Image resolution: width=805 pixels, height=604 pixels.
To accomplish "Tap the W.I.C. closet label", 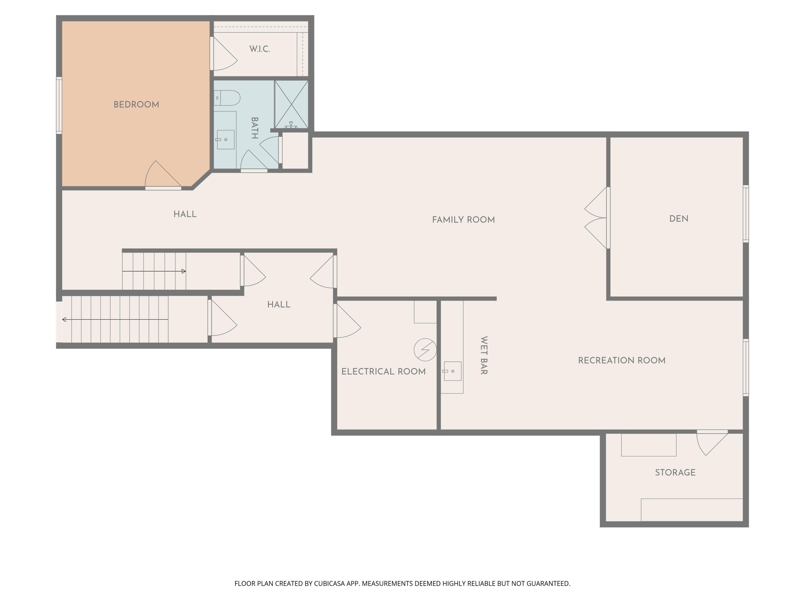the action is (x=259, y=49).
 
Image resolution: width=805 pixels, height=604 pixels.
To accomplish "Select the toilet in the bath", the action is (x=227, y=98).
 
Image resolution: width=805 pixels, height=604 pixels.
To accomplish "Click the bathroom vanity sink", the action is (x=226, y=139).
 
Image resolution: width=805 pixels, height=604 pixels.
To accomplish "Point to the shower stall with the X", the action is (x=291, y=104).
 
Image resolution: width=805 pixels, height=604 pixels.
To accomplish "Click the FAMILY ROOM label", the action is (x=463, y=220).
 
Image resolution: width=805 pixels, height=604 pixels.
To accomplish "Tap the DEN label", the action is (x=679, y=219).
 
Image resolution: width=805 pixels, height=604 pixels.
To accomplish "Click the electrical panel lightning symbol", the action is (x=425, y=350).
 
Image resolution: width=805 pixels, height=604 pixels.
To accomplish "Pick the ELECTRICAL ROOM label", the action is (x=383, y=371).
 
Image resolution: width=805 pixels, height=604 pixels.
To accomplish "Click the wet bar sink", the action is (x=452, y=371).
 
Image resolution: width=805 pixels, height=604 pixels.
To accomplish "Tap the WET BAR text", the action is (x=484, y=355).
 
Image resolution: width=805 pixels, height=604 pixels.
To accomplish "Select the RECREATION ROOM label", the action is (x=621, y=361).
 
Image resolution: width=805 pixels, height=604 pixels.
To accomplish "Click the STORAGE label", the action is (x=675, y=472).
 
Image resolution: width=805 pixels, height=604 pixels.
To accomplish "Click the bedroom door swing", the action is (x=163, y=176).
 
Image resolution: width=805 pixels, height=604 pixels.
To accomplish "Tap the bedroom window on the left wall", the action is (x=59, y=105).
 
